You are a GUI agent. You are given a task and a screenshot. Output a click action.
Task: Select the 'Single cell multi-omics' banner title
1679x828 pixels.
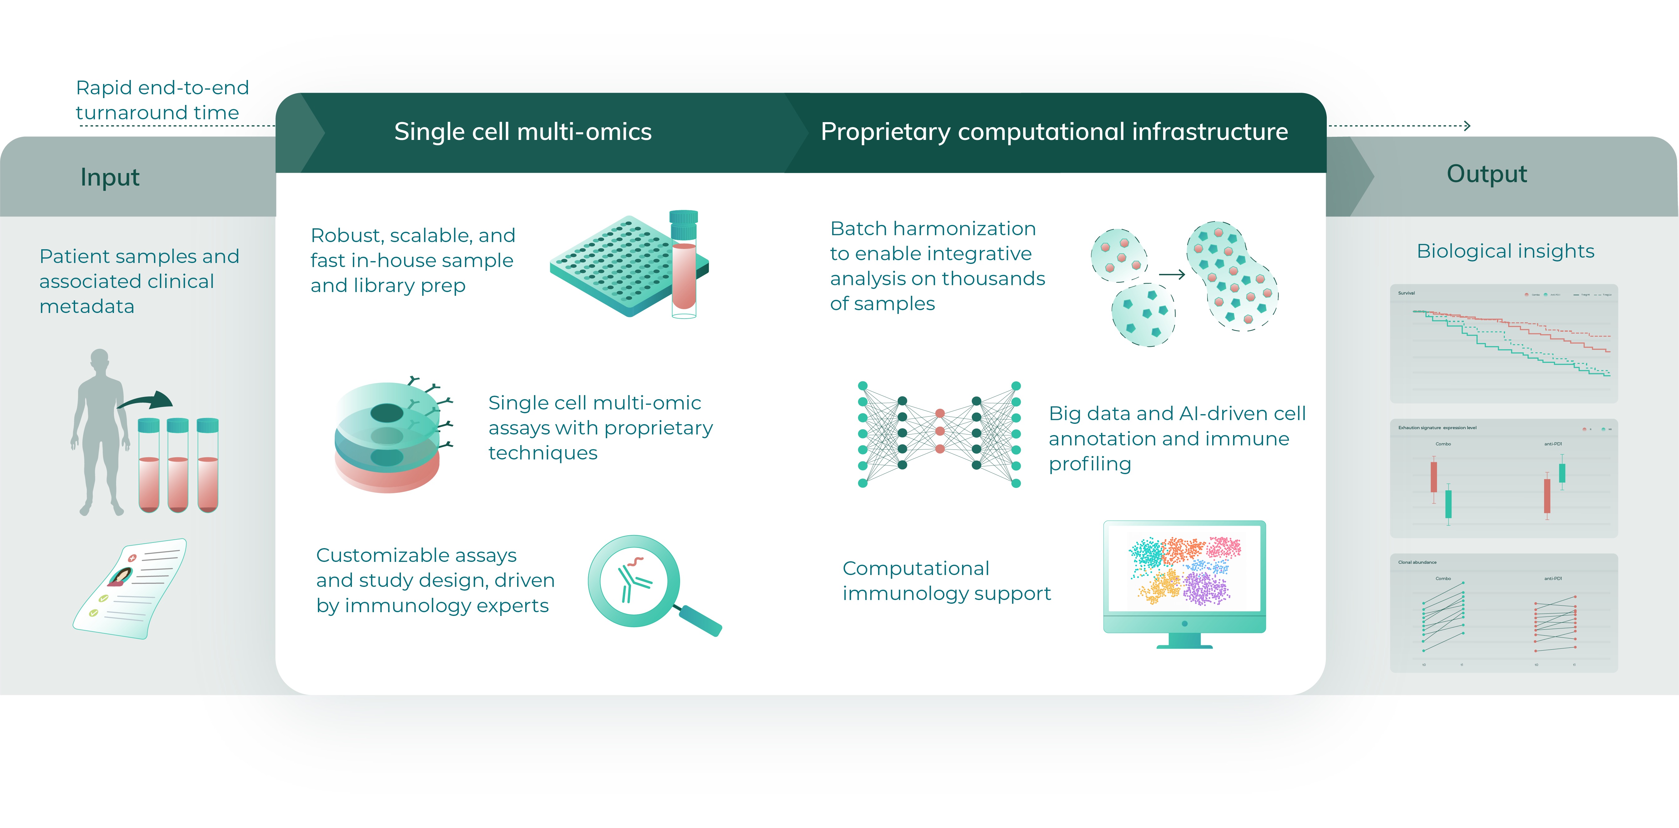pos(523,132)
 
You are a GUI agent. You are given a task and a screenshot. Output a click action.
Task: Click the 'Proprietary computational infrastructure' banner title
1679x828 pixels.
pos(1054,132)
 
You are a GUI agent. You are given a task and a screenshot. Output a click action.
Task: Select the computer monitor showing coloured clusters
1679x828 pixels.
pos(1184,580)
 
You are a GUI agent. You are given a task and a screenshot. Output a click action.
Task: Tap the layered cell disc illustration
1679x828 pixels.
pos(388,437)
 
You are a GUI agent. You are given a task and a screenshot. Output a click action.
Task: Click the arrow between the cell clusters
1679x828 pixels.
pos(1171,275)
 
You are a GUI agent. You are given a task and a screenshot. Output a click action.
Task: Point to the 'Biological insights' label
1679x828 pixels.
pos(1505,251)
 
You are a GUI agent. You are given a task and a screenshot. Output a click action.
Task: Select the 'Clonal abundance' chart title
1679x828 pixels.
pos(1417,562)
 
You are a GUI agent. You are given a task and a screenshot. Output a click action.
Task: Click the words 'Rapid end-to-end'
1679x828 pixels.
pos(162,87)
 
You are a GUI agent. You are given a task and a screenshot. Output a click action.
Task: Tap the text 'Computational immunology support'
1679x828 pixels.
pos(946,580)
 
